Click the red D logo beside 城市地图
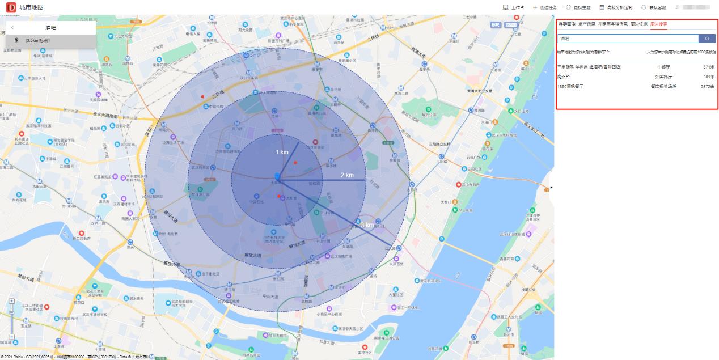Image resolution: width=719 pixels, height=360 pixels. click(x=10, y=7)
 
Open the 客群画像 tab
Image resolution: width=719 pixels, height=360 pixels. click(x=566, y=24)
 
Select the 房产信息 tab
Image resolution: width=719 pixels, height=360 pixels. click(x=586, y=24)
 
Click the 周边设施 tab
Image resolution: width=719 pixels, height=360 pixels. click(x=638, y=24)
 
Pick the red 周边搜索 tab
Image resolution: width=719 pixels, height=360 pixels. click(x=658, y=24)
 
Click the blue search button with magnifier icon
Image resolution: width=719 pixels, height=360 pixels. click(x=707, y=39)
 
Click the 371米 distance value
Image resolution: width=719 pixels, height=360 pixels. click(x=708, y=67)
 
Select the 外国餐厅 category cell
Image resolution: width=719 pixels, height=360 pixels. click(x=664, y=77)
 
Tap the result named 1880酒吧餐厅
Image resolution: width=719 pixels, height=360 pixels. click(x=570, y=87)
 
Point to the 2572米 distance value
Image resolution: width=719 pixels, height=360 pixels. click(x=707, y=87)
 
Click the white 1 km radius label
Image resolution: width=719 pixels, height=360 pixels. click(x=282, y=153)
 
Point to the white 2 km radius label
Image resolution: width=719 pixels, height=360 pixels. click(x=347, y=175)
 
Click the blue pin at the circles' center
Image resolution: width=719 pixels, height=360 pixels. click(x=277, y=177)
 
